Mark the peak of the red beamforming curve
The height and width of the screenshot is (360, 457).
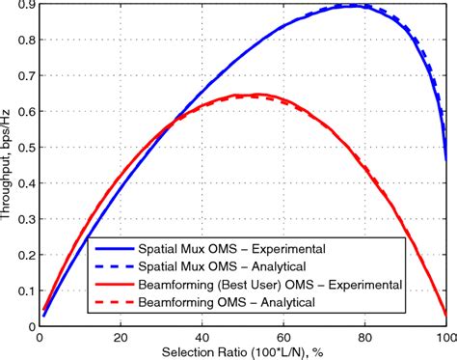pos(256,95)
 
